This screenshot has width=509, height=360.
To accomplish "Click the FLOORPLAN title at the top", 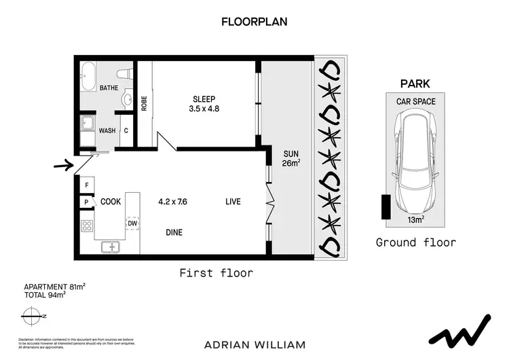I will (254, 22).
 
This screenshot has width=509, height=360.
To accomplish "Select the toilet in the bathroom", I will (124, 73).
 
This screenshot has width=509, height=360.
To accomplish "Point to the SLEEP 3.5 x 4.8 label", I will (204, 103).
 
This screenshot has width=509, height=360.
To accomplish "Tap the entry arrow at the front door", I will (64, 164).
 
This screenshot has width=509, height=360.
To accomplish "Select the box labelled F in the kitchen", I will (87, 185).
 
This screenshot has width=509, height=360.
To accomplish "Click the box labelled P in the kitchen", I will (87, 202).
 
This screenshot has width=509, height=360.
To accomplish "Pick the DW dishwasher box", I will (132, 223).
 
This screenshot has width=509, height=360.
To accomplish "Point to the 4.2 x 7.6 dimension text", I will (173, 202).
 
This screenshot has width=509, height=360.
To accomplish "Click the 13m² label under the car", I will (415, 219).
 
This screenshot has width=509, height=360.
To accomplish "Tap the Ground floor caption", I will (415, 242).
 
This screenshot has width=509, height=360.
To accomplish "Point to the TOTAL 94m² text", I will (48, 294).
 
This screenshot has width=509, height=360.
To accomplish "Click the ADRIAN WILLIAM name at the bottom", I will (254, 344).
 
